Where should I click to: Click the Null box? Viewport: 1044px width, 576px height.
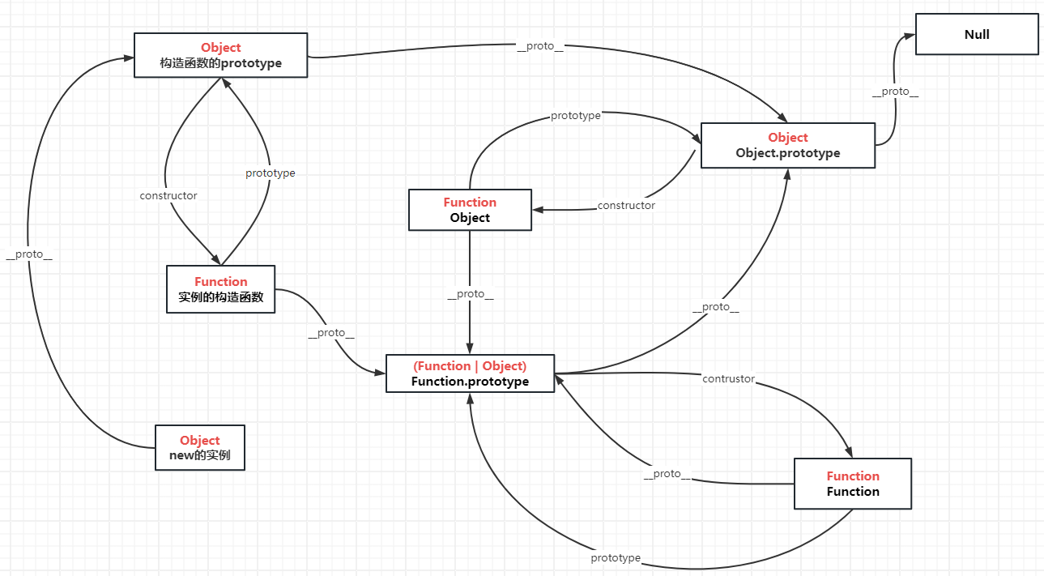[x=976, y=34]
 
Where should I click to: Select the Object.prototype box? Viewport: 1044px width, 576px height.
[x=787, y=146]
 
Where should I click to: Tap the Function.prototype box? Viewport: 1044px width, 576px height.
[x=470, y=373]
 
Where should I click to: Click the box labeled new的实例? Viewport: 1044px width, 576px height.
[x=199, y=447]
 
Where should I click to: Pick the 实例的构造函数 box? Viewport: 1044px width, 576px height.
[x=220, y=289]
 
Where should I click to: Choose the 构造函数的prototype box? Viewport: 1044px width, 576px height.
[x=220, y=55]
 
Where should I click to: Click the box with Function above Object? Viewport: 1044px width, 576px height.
[x=470, y=210]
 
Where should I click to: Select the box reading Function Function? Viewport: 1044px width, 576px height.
[x=852, y=484]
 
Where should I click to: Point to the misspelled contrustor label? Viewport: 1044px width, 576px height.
[x=728, y=378]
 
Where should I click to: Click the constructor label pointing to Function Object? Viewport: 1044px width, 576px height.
[x=626, y=206]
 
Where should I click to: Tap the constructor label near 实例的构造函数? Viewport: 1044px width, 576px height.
[x=168, y=196]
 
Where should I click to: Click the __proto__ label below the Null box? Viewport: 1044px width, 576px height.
[x=895, y=92]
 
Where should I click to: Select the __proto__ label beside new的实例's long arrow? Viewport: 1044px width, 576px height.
[x=29, y=254]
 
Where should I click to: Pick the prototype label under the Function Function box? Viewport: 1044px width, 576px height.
[x=616, y=558]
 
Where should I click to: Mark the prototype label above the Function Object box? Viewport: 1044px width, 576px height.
[x=576, y=116]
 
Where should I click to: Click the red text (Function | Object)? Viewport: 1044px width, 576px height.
[x=470, y=366]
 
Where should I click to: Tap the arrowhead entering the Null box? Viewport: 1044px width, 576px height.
[x=910, y=36]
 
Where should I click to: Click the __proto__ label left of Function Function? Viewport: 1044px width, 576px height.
[x=667, y=474]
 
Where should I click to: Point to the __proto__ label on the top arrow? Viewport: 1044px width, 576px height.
[x=540, y=46]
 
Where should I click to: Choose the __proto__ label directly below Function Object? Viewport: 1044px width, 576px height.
[x=471, y=294]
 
